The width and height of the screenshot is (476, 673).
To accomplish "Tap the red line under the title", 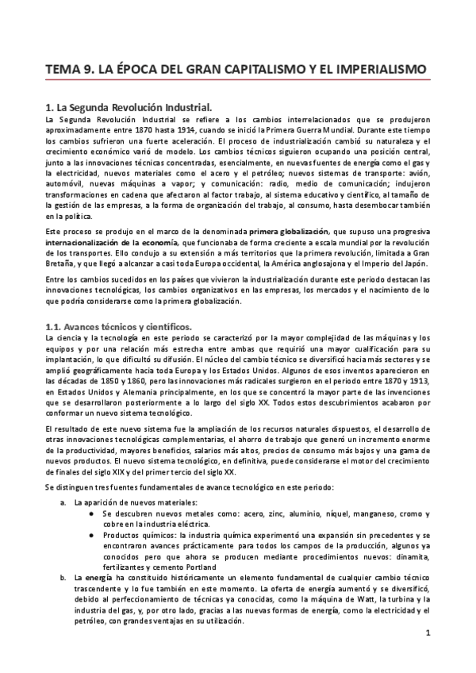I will point(238,81).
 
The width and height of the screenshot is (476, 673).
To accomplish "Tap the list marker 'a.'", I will point(63,502).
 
